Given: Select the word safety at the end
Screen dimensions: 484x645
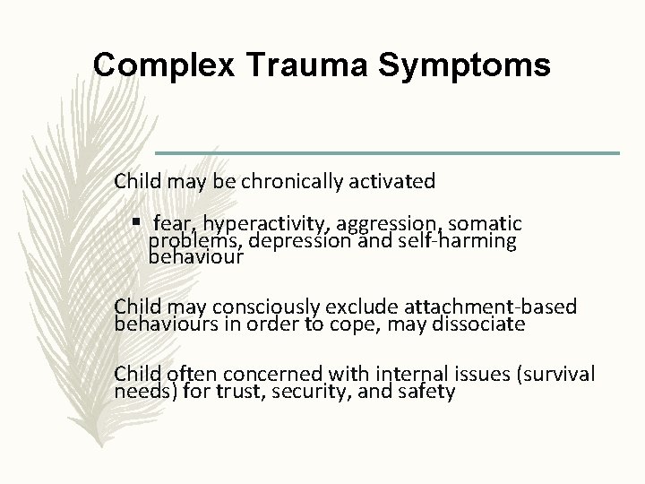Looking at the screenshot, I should point(427,392).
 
